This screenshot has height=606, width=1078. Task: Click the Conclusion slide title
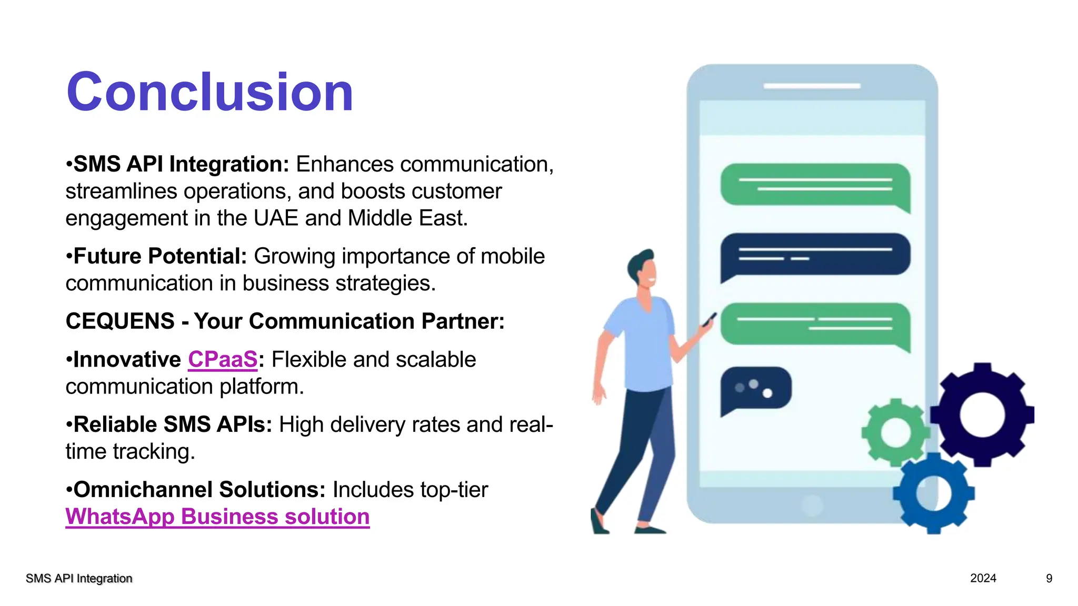click(209, 93)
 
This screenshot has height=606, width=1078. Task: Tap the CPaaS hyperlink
click(223, 360)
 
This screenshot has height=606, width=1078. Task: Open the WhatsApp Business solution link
click(217, 517)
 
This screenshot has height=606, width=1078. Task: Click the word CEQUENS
click(120, 321)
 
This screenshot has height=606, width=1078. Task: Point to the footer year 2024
click(983, 578)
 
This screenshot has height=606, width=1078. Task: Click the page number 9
click(1049, 578)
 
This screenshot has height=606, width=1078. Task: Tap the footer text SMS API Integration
click(79, 579)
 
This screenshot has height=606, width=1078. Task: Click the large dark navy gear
click(982, 415)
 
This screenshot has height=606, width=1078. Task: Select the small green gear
click(895, 432)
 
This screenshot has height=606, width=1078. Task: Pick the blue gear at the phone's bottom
click(933, 493)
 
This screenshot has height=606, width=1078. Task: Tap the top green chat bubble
click(815, 185)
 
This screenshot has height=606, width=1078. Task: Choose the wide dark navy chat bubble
click(815, 255)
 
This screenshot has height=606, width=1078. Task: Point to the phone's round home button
click(812, 506)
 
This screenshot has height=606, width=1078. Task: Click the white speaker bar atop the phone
click(812, 86)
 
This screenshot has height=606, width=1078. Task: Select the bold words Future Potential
click(160, 256)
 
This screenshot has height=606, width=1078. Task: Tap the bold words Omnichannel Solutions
click(199, 490)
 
